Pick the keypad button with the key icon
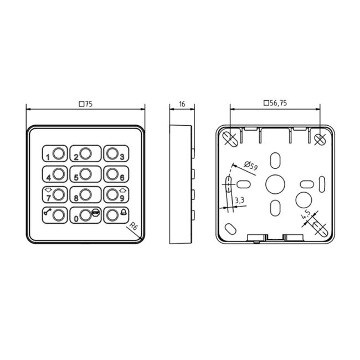(55, 214)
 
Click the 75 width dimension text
(85, 104)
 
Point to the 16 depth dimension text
(181, 104)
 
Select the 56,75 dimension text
(275, 104)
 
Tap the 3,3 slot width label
(239, 200)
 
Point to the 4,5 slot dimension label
(305, 217)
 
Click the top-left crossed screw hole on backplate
(230, 136)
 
